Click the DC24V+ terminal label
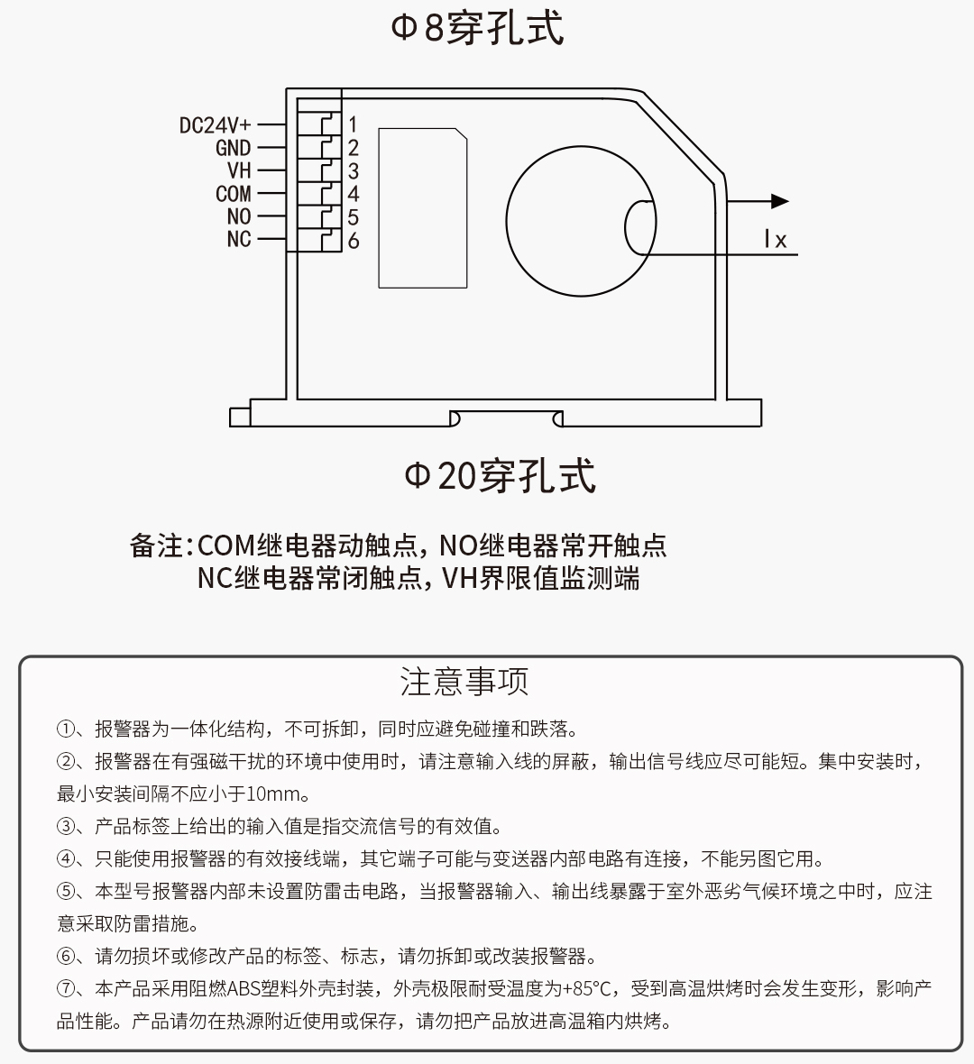pos(215,125)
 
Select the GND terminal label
pos(233,148)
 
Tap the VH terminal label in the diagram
pos(239,170)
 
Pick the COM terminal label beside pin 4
pos(233,194)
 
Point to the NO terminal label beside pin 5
pos(239,216)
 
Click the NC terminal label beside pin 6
pos(239,239)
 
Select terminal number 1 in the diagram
pos(353,124)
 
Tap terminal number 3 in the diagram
pos(353,170)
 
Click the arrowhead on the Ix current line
pos(779,202)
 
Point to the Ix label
pos(775,240)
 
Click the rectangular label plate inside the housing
pos(423,207)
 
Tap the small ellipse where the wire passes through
pos(640,227)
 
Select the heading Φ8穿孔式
pos(477,27)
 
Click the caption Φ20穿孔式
pos(500,475)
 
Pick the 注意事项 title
pos(464,682)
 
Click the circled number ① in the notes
pos(65,729)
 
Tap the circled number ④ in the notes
pos(65,859)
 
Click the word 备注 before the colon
pos(156,546)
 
